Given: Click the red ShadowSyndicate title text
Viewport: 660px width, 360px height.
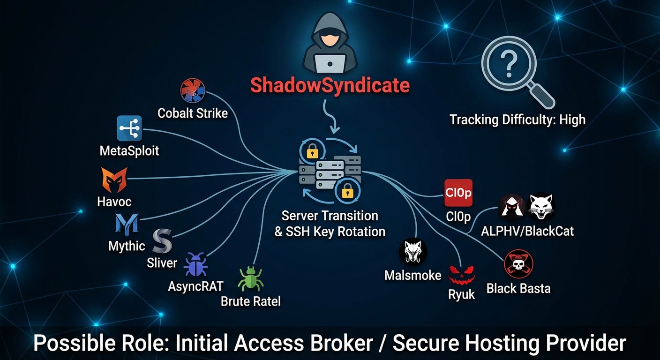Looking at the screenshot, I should (x=330, y=85).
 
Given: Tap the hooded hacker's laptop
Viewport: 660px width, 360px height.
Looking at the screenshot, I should (x=330, y=62).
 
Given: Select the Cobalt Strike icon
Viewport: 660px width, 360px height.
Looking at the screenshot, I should (x=193, y=91).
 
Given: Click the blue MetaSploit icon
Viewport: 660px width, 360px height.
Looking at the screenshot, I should (x=129, y=128).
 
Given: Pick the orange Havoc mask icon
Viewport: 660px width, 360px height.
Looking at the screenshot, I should (x=114, y=180).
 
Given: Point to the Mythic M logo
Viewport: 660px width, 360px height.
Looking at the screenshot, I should (x=127, y=224).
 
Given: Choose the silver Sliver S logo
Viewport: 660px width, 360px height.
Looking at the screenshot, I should (x=162, y=241).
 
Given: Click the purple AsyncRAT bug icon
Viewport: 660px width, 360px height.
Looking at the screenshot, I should (x=195, y=264).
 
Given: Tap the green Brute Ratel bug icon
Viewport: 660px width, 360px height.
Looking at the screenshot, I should (x=250, y=278).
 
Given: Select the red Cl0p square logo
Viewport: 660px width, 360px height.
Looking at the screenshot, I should (x=458, y=193).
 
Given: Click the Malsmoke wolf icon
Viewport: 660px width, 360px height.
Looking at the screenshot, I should (x=412, y=253).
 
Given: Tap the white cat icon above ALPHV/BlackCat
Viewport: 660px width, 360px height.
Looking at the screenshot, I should (x=541, y=207).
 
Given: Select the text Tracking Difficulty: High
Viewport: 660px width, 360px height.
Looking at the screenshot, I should (x=517, y=120).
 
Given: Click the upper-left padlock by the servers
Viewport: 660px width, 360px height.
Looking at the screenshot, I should (x=312, y=150).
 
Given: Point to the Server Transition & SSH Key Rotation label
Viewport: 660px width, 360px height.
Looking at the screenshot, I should (x=330, y=223).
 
